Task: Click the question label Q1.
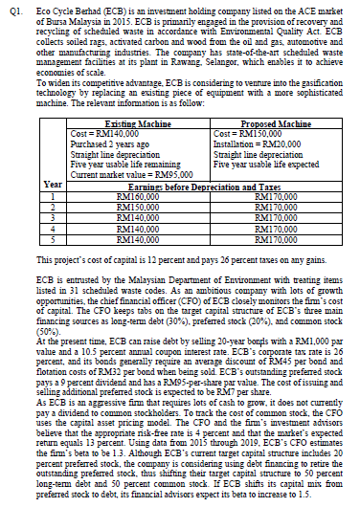pos(11,8)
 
